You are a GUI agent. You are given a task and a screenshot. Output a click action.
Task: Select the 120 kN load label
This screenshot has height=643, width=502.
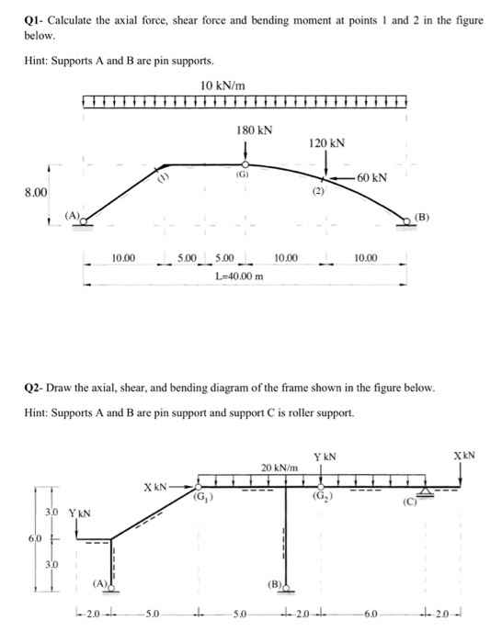326,143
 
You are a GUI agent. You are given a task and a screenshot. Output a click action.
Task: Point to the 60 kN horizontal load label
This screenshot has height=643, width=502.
371,176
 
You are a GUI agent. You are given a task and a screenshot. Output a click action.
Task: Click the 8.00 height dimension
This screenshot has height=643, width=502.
36,192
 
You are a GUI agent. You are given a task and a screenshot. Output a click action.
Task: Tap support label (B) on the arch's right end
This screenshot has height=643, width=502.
421,219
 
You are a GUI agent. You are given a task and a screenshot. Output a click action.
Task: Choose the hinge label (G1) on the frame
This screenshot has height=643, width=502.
201,498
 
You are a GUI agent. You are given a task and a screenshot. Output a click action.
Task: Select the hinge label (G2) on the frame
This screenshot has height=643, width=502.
324,498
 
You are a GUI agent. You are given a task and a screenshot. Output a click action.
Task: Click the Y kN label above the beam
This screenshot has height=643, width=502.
325,456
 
